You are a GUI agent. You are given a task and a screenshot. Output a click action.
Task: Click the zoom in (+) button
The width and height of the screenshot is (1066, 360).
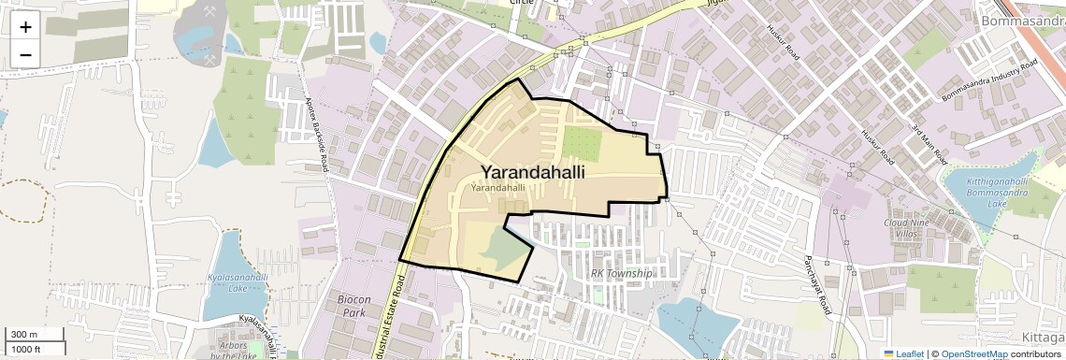(25, 27)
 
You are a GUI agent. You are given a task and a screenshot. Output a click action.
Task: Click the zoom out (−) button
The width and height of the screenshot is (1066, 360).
(25, 54)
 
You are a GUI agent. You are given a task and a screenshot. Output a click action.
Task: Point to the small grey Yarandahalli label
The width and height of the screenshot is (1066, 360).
(497, 188)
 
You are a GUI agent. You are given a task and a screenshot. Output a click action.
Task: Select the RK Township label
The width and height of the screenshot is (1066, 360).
(621, 273)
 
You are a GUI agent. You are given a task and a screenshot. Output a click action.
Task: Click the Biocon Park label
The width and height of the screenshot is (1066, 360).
(352, 306)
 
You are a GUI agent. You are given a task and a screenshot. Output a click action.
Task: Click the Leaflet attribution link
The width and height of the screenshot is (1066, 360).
(903, 353)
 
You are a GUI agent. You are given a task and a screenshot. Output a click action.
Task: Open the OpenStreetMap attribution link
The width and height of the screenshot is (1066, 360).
(973, 353)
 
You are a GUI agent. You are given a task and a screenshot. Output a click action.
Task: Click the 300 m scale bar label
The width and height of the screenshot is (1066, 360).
(24, 335)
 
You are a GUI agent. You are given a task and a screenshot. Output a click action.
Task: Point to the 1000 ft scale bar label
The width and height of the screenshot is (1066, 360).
(26, 350)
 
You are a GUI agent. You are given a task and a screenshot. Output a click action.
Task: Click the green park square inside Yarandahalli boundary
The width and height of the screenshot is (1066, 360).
(582, 142)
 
